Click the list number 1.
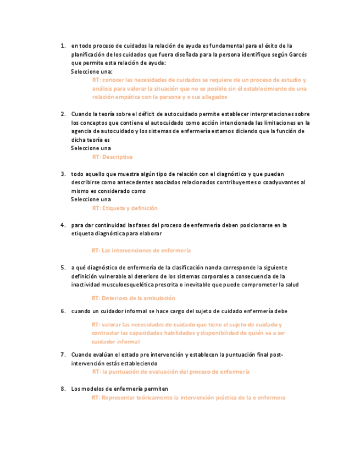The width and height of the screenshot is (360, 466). click(x=63, y=46)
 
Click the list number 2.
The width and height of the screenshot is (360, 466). click(x=63, y=114)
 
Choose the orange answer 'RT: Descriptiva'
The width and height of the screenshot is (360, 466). click(x=113, y=157)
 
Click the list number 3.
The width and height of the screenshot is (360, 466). click(x=63, y=174)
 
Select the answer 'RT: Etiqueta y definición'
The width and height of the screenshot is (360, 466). click(x=125, y=208)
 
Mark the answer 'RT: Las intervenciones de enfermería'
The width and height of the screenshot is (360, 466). click(x=141, y=250)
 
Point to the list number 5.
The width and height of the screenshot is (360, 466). click(x=63, y=268)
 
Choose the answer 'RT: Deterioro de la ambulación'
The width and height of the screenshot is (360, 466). click(x=134, y=298)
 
